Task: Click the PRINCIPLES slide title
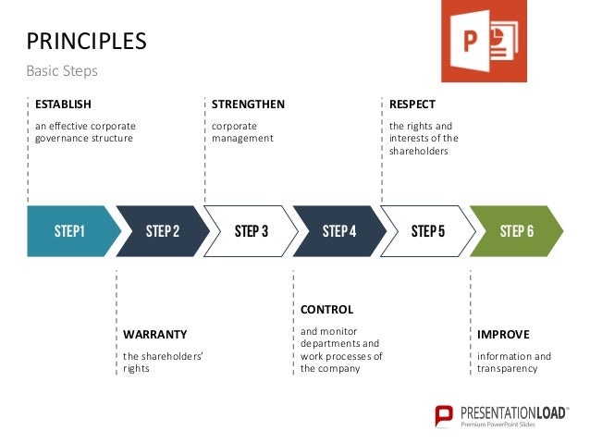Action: pyautogui.click(x=86, y=41)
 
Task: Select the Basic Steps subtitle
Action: pyautogui.click(x=61, y=71)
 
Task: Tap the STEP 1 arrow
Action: pyautogui.click(x=69, y=231)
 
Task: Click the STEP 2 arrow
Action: pyautogui.click(x=163, y=231)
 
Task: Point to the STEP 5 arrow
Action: pyautogui.click(x=428, y=231)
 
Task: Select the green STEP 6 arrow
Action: pyautogui.click(x=516, y=231)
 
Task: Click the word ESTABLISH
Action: pyautogui.click(x=63, y=104)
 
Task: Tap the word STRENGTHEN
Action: pyautogui.click(x=248, y=104)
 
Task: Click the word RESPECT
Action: pyautogui.click(x=412, y=104)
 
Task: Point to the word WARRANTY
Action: pyautogui.click(x=154, y=334)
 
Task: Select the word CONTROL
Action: pyautogui.click(x=326, y=309)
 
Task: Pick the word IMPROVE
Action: pyautogui.click(x=503, y=334)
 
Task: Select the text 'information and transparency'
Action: pyautogui.click(x=513, y=363)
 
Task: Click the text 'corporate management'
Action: pyautogui.click(x=242, y=131)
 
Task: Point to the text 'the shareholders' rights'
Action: pyautogui.click(x=163, y=363)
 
